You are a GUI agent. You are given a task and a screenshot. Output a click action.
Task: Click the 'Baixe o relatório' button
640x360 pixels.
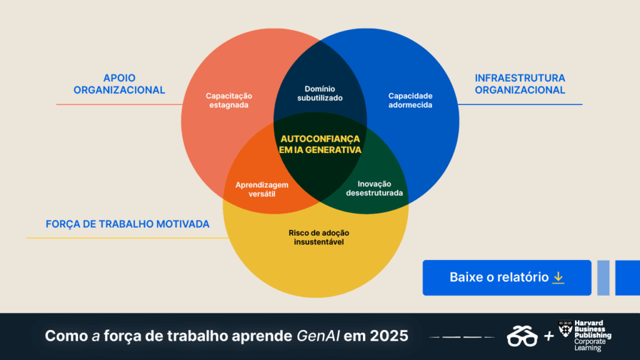[x=506, y=277]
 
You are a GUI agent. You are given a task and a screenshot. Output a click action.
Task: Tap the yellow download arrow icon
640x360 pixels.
[x=558, y=277]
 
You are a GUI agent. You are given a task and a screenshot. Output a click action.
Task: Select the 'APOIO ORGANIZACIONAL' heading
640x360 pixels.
[x=119, y=84]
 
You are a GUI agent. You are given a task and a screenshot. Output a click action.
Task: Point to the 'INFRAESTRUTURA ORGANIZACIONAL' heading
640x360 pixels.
[x=520, y=84]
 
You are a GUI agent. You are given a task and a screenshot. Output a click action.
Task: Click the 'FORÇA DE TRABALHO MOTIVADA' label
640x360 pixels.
[x=127, y=224]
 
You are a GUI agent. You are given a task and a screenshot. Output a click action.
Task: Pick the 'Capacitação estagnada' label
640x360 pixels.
[x=229, y=101]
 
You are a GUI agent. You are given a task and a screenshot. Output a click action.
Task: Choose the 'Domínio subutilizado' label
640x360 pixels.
[x=320, y=94]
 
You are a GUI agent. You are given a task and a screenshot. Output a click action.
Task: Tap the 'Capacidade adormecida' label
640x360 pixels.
[x=410, y=101]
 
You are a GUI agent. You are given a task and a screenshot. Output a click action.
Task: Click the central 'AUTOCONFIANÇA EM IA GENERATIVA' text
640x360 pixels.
[x=320, y=144]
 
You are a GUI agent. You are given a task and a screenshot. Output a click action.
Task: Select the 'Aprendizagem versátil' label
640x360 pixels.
[x=262, y=189]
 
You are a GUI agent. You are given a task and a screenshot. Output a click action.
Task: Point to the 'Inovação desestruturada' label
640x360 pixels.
[x=374, y=189]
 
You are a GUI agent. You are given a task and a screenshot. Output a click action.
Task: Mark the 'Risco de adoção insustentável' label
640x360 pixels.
[x=319, y=237]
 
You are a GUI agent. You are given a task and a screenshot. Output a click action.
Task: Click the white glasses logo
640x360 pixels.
[x=522, y=336]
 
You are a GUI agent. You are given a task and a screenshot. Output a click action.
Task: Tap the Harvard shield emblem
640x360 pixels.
[x=565, y=329]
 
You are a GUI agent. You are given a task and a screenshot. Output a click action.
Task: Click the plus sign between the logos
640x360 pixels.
[x=549, y=336]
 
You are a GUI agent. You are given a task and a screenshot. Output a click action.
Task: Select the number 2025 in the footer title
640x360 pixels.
[x=389, y=336]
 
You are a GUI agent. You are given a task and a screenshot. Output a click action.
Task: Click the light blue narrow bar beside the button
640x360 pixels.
[x=603, y=277]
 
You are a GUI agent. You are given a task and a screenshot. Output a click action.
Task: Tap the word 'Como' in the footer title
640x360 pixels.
[x=66, y=336]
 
